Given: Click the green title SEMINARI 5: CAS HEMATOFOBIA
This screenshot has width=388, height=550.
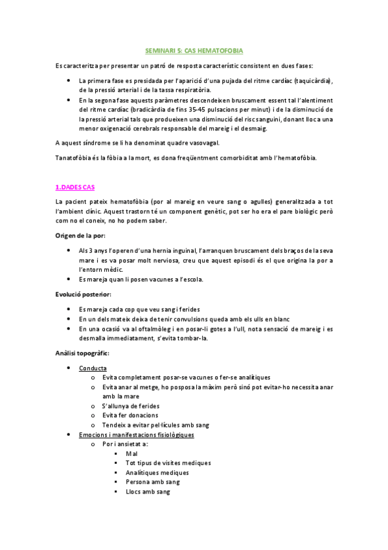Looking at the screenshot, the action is point(194,50).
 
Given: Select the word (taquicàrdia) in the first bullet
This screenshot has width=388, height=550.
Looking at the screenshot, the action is point(310,80).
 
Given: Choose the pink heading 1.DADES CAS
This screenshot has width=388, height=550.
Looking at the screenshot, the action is point(75,187).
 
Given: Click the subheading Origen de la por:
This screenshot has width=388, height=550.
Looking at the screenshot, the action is point(80,235).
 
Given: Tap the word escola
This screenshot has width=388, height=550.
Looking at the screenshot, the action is point(190,280).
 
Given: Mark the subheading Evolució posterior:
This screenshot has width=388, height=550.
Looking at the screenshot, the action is point(84,294).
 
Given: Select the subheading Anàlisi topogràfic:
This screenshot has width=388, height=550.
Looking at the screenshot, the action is point(82,353).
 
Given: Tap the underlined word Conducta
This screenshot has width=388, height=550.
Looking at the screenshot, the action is point(93,368).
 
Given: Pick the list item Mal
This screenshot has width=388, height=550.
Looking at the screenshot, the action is point(131,453).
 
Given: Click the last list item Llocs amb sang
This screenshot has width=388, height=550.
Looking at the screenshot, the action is point(148,492).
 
